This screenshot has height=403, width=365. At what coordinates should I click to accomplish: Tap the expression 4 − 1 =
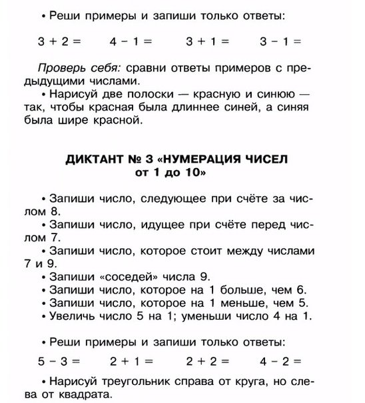[133, 41]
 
